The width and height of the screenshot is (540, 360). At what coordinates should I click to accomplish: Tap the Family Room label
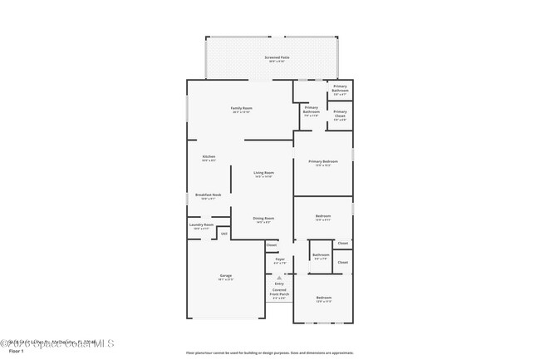[x=241, y=109]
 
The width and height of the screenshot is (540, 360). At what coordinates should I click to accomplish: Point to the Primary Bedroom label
[x=323, y=162]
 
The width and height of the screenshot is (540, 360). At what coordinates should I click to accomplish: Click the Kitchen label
[x=209, y=157]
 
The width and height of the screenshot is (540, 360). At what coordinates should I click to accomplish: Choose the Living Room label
[x=263, y=174]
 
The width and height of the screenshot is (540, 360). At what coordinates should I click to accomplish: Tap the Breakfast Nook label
[x=209, y=195]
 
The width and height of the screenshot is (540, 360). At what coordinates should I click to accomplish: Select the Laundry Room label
[x=204, y=225]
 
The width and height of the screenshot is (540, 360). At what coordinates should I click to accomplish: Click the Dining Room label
[x=263, y=219]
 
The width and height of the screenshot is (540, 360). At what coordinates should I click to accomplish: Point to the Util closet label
[x=223, y=234]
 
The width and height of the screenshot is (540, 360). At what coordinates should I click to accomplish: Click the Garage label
[x=225, y=276]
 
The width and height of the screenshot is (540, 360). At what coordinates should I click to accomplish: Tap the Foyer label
[x=280, y=259]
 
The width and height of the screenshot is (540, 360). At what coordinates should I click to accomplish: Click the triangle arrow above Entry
[x=279, y=277]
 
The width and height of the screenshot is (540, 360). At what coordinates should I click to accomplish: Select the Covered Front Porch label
[x=279, y=292]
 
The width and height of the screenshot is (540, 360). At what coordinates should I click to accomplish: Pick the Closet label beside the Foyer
[x=272, y=244]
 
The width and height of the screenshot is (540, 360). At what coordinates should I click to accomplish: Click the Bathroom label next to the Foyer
[x=321, y=255]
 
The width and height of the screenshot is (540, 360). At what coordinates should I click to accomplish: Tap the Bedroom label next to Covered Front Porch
[x=323, y=298]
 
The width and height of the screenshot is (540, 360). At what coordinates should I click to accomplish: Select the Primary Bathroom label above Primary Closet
[x=340, y=87]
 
